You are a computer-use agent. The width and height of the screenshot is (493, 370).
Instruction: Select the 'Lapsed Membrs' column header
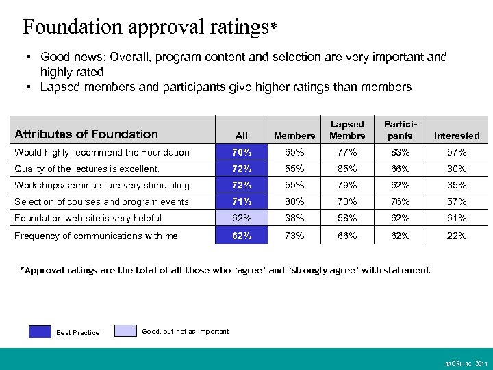pyautogui.click(x=347, y=129)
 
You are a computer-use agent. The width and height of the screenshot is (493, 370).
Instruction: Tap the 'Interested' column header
pyautogui.click(x=457, y=136)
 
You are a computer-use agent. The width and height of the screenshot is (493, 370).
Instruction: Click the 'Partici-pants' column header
pyautogui.click(x=400, y=129)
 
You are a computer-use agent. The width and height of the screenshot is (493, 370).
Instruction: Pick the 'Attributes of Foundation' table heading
pyautogui.click(x=86, y=134)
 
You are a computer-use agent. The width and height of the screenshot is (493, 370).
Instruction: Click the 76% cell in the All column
pyautogui.click(x=241, y=152)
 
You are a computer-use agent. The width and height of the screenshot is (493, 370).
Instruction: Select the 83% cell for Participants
pyautogui.click(x=400, y=152)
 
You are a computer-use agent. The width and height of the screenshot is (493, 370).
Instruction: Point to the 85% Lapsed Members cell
pyautogui.click(x=347, y=169)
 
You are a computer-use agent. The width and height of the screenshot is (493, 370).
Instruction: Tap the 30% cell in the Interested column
pyautogui.click(x=457, y=169)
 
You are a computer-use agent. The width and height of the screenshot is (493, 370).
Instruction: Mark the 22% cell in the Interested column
pyautogui.click(x=457, y=236)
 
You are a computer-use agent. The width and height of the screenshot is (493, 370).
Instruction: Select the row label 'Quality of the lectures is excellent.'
pyautogui.click(x=87, y=169)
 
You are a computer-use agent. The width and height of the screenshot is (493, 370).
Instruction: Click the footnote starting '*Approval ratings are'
pyautogui.click(x=226, y=270)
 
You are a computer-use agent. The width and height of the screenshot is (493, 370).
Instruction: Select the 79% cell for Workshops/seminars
pyautogui.click(x=347, y=185)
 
